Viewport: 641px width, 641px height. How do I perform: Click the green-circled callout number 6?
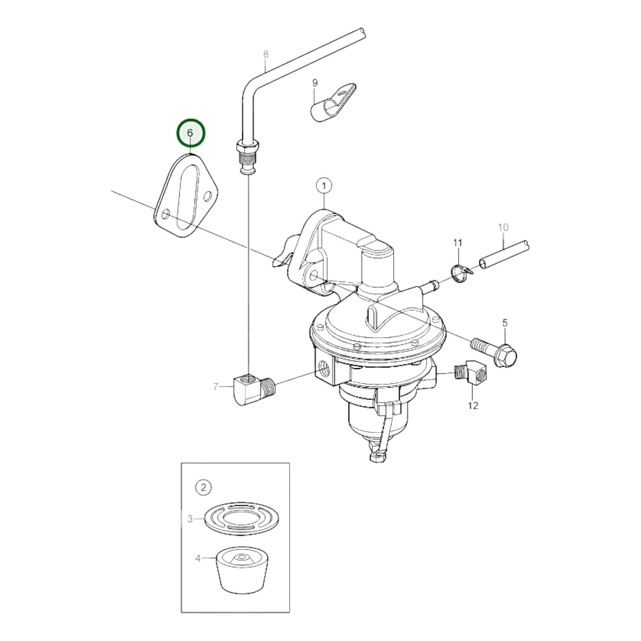191,133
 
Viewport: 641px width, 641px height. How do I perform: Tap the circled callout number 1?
324,185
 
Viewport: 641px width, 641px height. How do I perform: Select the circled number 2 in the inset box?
204,488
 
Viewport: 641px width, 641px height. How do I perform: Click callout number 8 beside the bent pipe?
266,55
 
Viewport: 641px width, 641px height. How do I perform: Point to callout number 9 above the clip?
315,83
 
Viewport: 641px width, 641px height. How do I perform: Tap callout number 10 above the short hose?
503,228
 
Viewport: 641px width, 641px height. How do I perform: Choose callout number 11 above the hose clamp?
457,243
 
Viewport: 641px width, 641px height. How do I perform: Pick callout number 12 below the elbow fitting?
473,405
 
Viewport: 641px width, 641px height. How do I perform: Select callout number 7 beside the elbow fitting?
216,387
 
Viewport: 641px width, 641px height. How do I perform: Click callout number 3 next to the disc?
190,519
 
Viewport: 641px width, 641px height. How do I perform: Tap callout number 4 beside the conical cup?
198,558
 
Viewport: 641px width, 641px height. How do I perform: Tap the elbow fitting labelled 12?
472,371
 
